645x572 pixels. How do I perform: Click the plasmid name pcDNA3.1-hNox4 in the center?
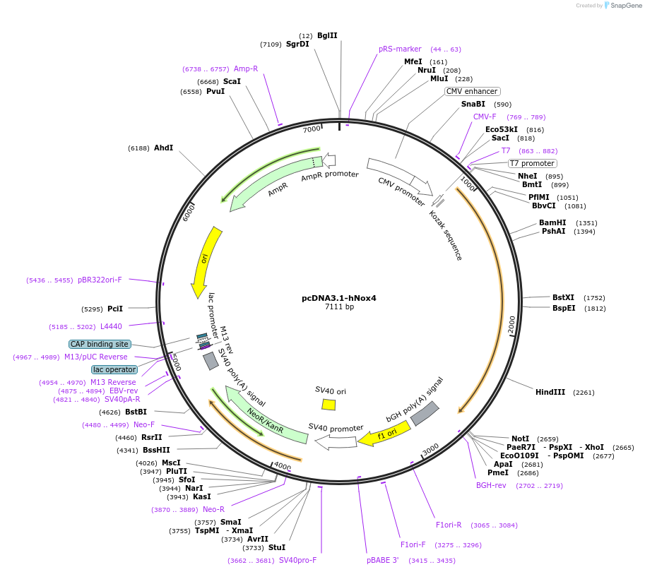coord(339,298)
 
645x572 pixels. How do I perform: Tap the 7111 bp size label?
coord(339,307)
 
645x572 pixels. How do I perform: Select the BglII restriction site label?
coord(327,35)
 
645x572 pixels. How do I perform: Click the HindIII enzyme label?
coord(550,392)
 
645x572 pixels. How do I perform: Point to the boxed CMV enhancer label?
coord(473,91)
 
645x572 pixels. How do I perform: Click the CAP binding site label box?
coord(100,344)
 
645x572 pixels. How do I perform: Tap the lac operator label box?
coord(114,369)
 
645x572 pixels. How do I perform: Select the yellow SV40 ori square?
coord(329,405)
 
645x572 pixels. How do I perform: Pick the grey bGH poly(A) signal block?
coord(425,413)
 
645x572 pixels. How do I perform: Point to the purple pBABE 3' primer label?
coord(382,560)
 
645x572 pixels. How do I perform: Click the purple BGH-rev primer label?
coord(491,486)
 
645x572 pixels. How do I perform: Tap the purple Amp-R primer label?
coord(246,68)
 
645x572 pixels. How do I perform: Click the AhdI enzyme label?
coord(163,148)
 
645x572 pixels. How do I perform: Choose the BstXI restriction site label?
coord(564,298)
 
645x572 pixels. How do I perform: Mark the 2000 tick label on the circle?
coord(512,324)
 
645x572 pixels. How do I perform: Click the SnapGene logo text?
coord(625,6)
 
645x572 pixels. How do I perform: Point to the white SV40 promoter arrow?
coord(336,441)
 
